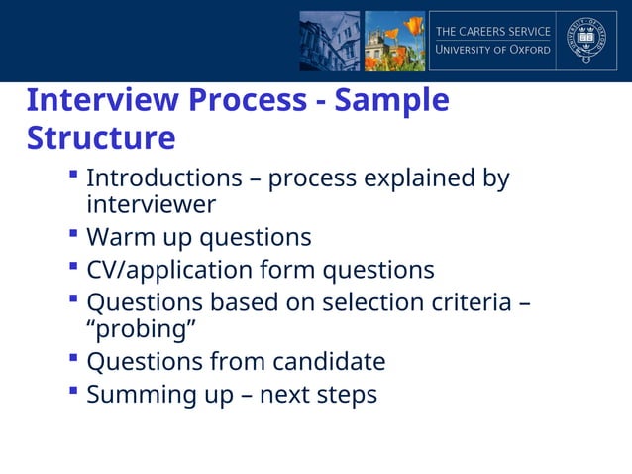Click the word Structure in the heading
click(101, 137)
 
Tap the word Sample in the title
click(393, 101)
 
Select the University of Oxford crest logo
click(591, 41)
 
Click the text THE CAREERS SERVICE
click(493, 32)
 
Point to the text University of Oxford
click(493, 50)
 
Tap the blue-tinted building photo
click(330, 41)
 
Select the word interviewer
click(151, 204)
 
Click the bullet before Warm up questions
click(74, 236)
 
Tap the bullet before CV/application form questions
click(74, 268)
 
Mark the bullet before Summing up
click(74, 392)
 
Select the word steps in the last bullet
click(346, 395)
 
